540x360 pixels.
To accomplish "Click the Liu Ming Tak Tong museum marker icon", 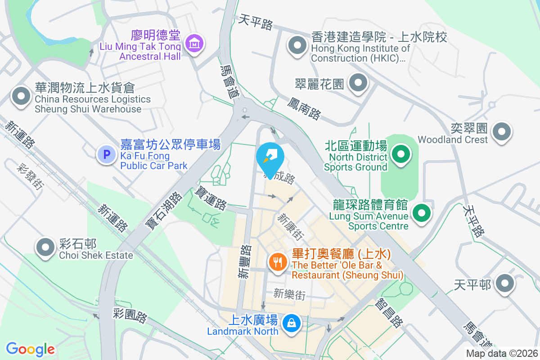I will click(194, 44).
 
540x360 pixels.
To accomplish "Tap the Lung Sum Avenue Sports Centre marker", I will click(421, 212).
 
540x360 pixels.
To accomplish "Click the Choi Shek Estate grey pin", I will click(45, 247).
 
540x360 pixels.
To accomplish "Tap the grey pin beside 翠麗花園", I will click(358, 82).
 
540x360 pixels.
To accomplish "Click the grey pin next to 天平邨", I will click(505, 283).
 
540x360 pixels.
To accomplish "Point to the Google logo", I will click(30, 349).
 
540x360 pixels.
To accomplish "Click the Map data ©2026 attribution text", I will click(502, 354).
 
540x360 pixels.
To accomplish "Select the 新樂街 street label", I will click(289, 295).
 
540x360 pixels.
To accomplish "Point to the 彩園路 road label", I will click(130, 315).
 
